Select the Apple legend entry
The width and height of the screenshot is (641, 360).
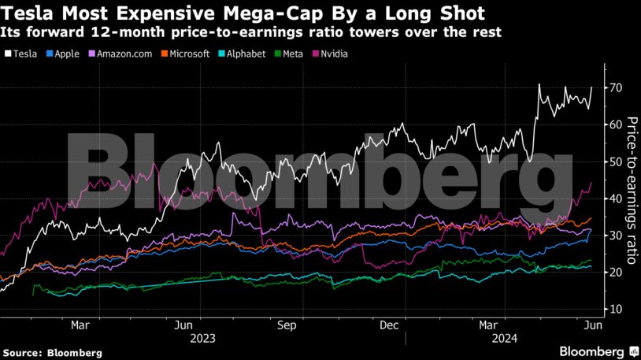click(64, 54)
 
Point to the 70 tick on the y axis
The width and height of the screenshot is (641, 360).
click(610, 87)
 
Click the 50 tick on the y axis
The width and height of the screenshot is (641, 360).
click(610, 161)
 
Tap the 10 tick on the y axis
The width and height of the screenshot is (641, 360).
click(610, 310)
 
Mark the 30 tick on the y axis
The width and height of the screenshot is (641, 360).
click(610, 236)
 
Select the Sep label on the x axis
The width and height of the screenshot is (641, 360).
click(287, 325)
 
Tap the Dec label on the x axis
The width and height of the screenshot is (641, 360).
click(390, 325)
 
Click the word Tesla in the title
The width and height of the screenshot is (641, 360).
click(28, 13)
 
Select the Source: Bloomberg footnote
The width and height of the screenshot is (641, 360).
click(52, 353)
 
